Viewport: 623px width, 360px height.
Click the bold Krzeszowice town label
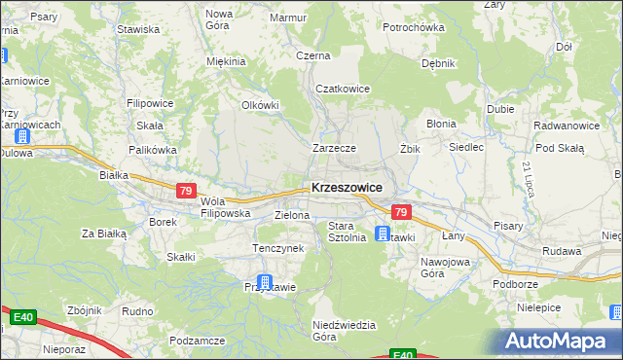(x=347, y=188)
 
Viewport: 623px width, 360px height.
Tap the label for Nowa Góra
(x=219, y=19)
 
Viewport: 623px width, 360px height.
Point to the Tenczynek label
(x=279, y=248)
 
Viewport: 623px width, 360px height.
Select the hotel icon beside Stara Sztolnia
(x=383, y=234)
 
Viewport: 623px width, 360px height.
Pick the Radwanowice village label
(x=566, y=126)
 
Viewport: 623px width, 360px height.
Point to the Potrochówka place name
(x=413, y=27)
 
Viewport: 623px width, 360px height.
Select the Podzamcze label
(x=197, y=341)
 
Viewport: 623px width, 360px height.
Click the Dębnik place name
(x=438, y=63)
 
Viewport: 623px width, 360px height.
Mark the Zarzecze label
(x=334, y=148)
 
